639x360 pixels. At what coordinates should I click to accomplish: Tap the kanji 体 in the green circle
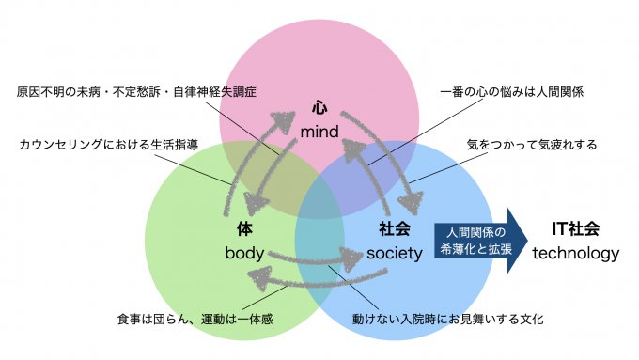pos(244,228)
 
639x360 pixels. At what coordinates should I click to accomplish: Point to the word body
pos(244,253)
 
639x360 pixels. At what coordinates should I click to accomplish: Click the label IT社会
pos(576,228)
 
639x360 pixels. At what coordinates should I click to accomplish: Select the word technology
pos(576,253)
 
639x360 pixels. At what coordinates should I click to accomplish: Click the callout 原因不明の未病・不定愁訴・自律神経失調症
pos(136,93)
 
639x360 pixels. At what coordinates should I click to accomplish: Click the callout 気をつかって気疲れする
pos(531,145)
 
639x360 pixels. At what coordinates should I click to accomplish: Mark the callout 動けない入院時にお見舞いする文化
pos(447,320)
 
